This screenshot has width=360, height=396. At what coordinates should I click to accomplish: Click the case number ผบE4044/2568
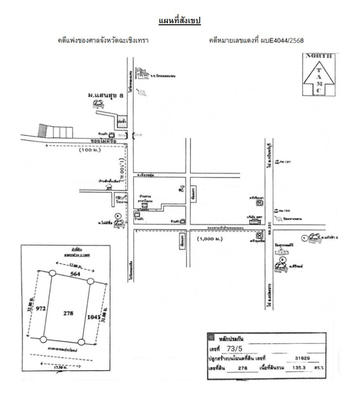(x=281, y=40)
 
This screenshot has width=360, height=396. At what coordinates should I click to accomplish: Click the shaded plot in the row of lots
(x=43, y=130)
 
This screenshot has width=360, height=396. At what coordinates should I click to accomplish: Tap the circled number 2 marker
(x=283, y=258)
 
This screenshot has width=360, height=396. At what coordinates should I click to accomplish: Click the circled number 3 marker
(x=117, y=216)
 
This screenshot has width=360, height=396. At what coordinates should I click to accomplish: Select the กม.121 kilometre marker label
(x=286, y=162)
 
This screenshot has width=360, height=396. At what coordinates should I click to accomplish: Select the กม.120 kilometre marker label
(x=286, y=197)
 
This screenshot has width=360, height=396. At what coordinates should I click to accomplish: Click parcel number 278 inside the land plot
(x=67, y=313)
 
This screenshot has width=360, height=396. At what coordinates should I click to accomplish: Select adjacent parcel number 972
(x=41, y=308)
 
